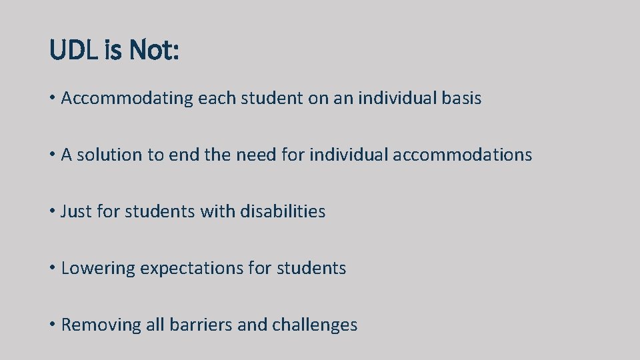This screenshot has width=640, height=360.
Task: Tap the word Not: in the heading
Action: pyautogui.click(x=154, y=50)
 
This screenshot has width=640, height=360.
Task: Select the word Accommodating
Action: pyautogui.click(x=127, y=99)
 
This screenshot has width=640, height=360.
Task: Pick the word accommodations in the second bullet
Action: pyautogui.click(x=463, y=155)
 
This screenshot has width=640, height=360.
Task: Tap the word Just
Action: pyautogui.click(x=76, y=212)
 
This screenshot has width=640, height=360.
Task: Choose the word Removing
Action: pyautogui.click(x=97, y=325)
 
